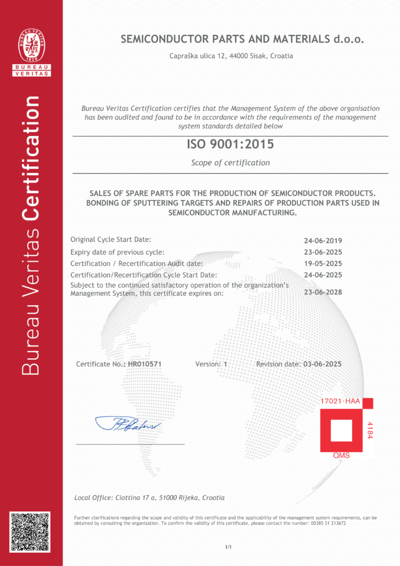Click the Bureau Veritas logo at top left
pos(31,51)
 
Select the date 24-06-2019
pos(323,240)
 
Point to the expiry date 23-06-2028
pos(323,292)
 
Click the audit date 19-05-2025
pos(323,264)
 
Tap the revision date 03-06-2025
pos(323,364)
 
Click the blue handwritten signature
pos(128,424)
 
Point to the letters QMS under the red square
pos(341,456)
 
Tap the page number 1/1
pos(228,547)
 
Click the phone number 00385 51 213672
pos(326,523)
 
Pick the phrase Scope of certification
pos(230,163)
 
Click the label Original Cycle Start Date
pos(110,239)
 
